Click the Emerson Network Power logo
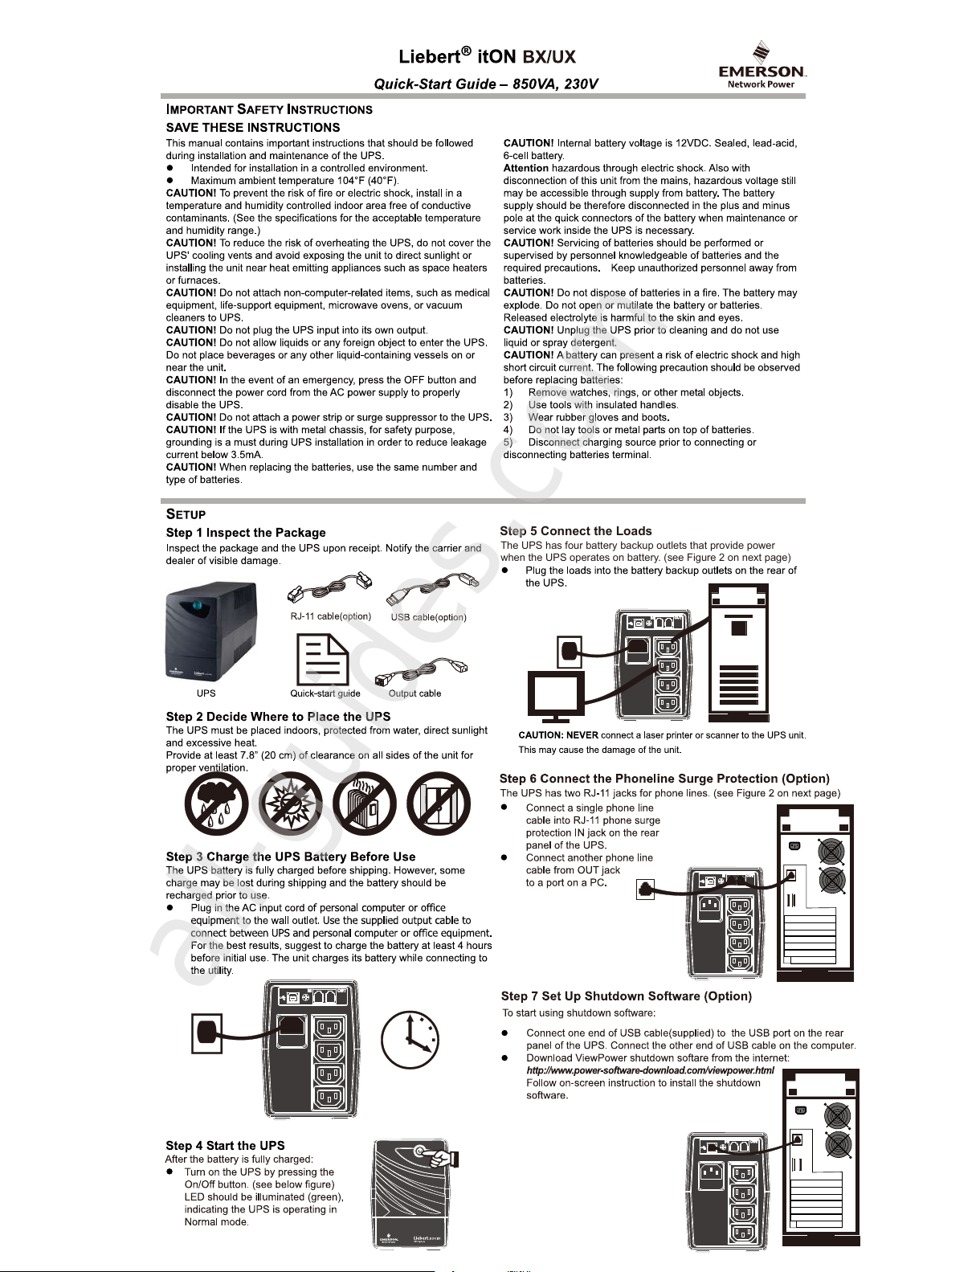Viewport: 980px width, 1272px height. (762, 64)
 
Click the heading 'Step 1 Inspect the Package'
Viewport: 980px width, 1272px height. (246, 533)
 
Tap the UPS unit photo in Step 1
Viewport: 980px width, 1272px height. (210, 632)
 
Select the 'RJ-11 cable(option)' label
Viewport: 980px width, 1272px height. (330, 616)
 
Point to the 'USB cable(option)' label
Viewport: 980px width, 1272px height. (428, 617)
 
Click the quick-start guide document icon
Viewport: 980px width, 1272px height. (322, 660)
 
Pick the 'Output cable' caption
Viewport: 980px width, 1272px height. (414, 693)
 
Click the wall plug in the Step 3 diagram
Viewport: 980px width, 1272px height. (206, 1034)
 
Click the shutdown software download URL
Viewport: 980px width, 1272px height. (650, 1070)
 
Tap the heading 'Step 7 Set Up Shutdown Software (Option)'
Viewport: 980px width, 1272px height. (627, 996)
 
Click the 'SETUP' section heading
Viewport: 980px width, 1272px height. (186, 514)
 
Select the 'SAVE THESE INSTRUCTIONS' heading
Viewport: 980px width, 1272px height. (252, 128)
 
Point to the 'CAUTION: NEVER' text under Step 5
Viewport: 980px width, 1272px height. (557, 735)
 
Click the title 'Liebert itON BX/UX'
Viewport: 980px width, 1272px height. (487, 57)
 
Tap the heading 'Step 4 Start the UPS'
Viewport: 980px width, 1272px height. (225, 1146)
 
